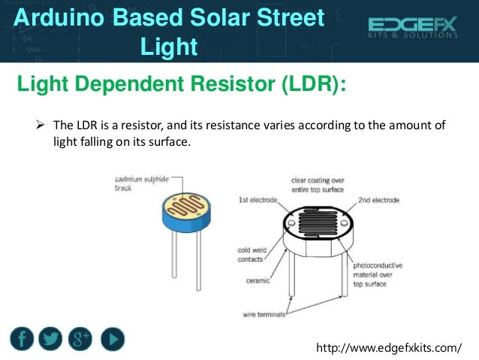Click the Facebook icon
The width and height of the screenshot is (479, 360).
[x=23, y=338]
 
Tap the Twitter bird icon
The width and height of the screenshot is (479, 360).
[x=51, y=338]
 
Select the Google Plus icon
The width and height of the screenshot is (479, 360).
[x=80, y=338]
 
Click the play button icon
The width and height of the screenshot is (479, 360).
[x=111, y=338]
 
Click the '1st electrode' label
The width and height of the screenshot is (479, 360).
[x=258, y=201]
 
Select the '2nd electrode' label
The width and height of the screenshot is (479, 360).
[x=378, y=201]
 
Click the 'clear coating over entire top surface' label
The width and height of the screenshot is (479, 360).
[x=316, y=185]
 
